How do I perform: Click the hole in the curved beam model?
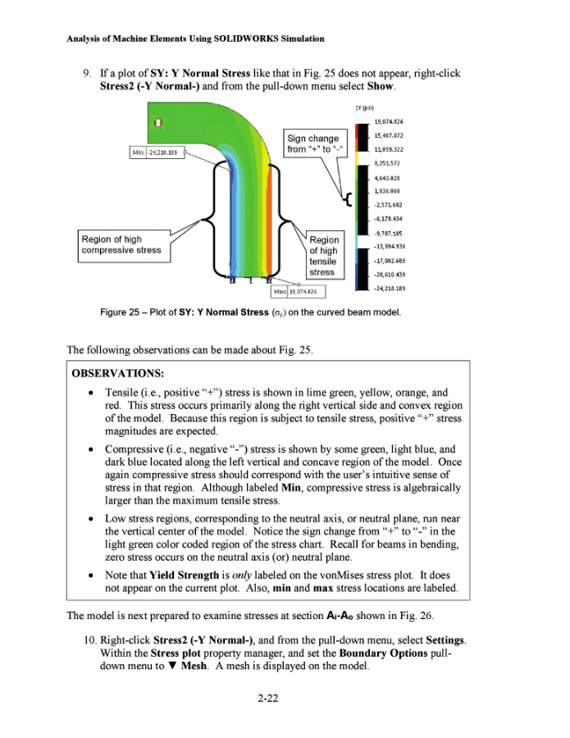click(x=159, y=122)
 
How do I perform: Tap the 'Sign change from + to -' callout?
click(x=312, y=143)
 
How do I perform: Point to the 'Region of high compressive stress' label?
click(x=121, y=244)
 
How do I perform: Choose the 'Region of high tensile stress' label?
click(x=323, y=257)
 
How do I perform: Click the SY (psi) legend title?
click(x=366, y=107)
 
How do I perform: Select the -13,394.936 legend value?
click(x=390, y=246)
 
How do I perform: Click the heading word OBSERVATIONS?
click(x=117, y=373)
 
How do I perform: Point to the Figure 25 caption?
click(x=250, y=312)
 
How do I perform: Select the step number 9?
click(x=84, y=73)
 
